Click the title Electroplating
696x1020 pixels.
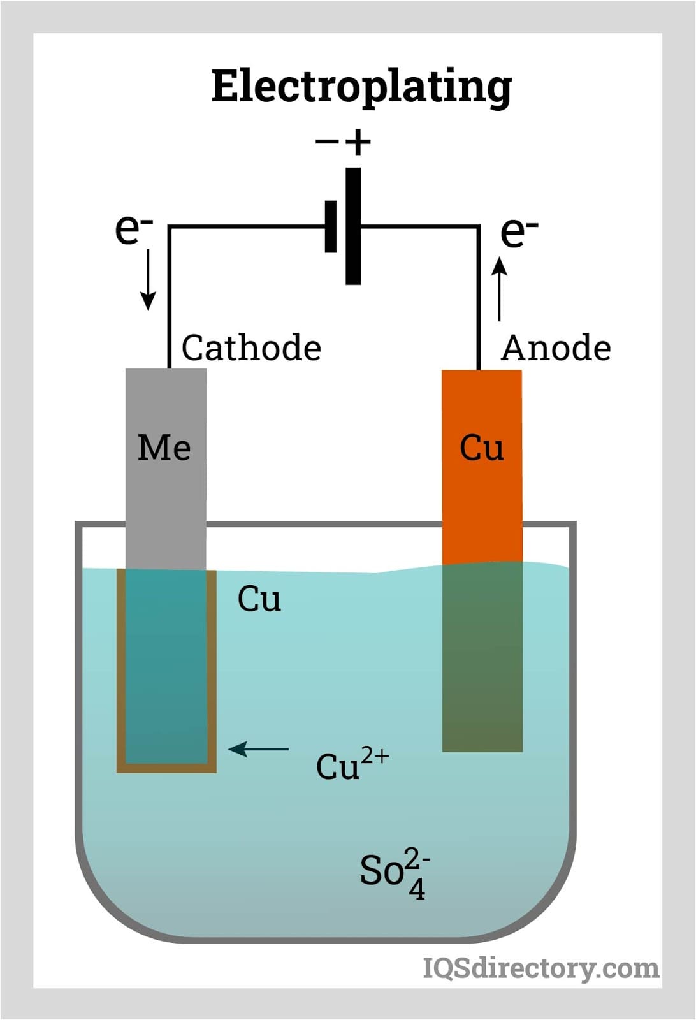coord(361,87)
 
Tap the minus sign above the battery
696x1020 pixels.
coord(327,142)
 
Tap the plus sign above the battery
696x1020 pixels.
coord(358,142)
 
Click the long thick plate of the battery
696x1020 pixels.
coord(353,226)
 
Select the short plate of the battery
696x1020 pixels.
coord(331,226)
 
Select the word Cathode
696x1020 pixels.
coord(251,348)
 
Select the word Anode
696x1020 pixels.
coord(556,348)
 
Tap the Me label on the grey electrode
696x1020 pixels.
coord(164,448)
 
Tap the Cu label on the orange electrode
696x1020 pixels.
coord(482,448)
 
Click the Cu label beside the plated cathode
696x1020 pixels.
coord(259,599)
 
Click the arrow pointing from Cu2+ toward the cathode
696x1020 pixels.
coord(259,749)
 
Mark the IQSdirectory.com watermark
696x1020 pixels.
coord(541,968)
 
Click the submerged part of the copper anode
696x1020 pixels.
coord(482,657)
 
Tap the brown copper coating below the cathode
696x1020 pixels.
coord(166,768)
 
